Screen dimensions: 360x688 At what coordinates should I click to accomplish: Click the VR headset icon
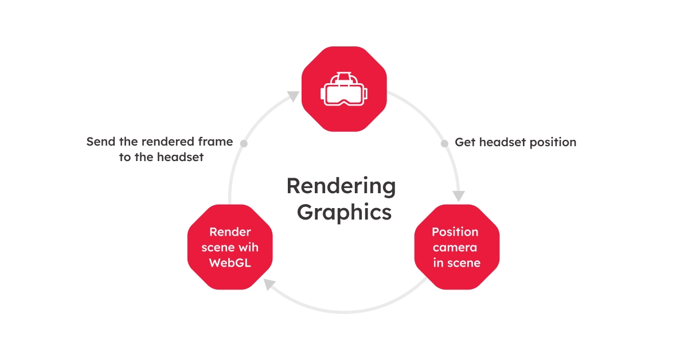click(344, 89)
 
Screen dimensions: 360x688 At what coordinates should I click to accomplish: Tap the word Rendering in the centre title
click(341, 186)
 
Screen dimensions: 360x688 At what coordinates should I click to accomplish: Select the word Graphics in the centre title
click(344, 212)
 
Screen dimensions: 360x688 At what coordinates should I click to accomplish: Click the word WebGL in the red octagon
click(229, 264)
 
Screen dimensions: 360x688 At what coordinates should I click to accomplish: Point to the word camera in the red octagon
click(455, 248)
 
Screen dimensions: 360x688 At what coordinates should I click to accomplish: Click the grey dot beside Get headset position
click(444, 143)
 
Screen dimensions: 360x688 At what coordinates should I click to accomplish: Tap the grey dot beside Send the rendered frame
click(244, 143)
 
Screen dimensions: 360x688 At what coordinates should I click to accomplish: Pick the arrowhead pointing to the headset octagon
click(293, 95)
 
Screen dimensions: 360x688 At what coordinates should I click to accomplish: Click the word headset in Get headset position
click(499, 142)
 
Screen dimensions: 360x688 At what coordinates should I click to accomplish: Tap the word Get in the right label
click(464, 142)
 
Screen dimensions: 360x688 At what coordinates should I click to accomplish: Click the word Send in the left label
click(99, 142)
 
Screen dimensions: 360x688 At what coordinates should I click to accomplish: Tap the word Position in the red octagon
click(455, 232)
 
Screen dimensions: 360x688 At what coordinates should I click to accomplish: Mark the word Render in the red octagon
click(230, 232)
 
